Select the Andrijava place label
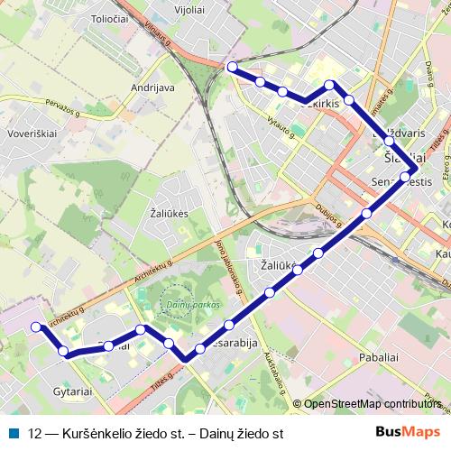(x=152, y=87)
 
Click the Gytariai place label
(x=73, y=393)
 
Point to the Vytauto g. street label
(x=280, y=126)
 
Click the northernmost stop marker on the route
(x=232, y=67)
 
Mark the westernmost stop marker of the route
(x=36, y=327)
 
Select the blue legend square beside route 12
(x=15, y=433)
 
